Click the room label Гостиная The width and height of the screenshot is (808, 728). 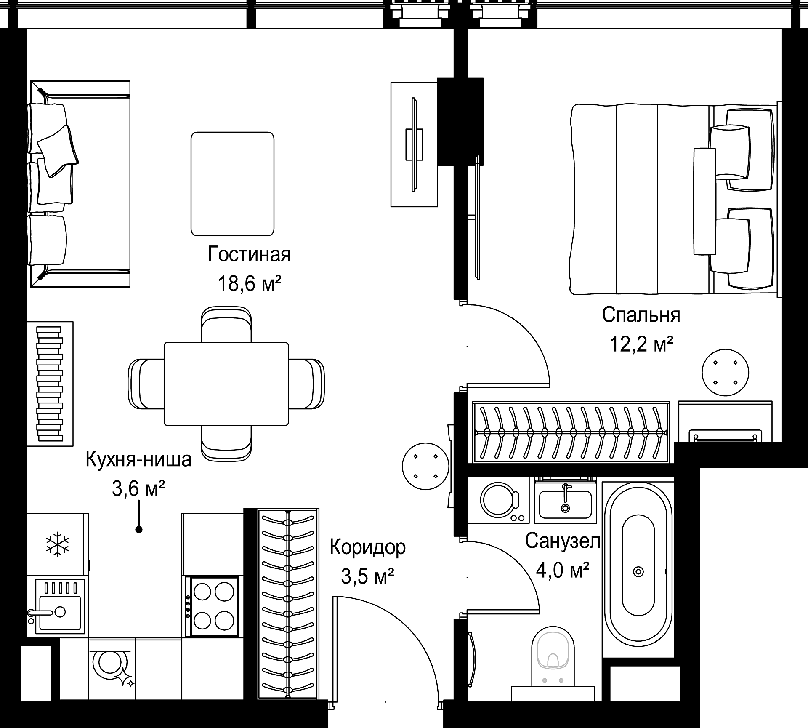[x=249, y=255]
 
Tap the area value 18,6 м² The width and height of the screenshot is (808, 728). [x=249, y=284]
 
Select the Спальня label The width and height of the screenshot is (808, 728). [x=641, y=315]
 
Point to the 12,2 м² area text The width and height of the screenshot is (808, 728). [x=641, y=345]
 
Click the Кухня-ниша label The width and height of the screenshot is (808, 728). [x=138, y=459]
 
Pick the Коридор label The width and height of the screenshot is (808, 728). [x=367, y=547]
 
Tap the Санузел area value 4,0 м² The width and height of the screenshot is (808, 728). [x=563, y=571]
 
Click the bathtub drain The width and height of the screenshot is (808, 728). [x=638, y=572]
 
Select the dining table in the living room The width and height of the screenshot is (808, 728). [x=226, y=384]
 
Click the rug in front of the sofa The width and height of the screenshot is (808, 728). [x=232, y=184]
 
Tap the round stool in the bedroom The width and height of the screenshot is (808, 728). [x=725, y=373]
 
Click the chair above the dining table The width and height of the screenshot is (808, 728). [x=226, y=324]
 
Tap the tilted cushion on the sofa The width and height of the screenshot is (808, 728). [x=58, y=151]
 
